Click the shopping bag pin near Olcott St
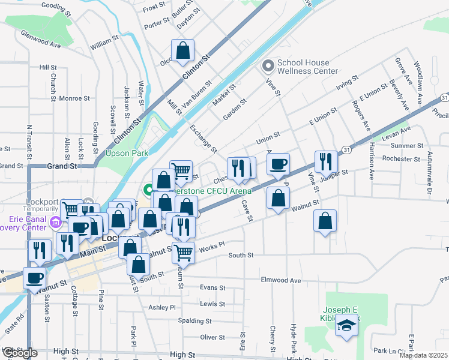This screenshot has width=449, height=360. [x=182, y=51]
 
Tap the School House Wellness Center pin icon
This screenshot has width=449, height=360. [x=267, y=65]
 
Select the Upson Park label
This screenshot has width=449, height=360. [x=127, y=153]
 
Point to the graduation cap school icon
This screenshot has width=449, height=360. [x=345, y=326]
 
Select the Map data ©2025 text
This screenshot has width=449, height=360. [x=423, y=355]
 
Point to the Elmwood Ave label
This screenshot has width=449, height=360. [x=280, y=280]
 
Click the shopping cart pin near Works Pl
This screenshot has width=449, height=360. [x=183, y=252]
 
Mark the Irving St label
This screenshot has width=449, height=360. [x=347, y=82]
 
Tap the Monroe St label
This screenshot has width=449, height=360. [x=74, y=98]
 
